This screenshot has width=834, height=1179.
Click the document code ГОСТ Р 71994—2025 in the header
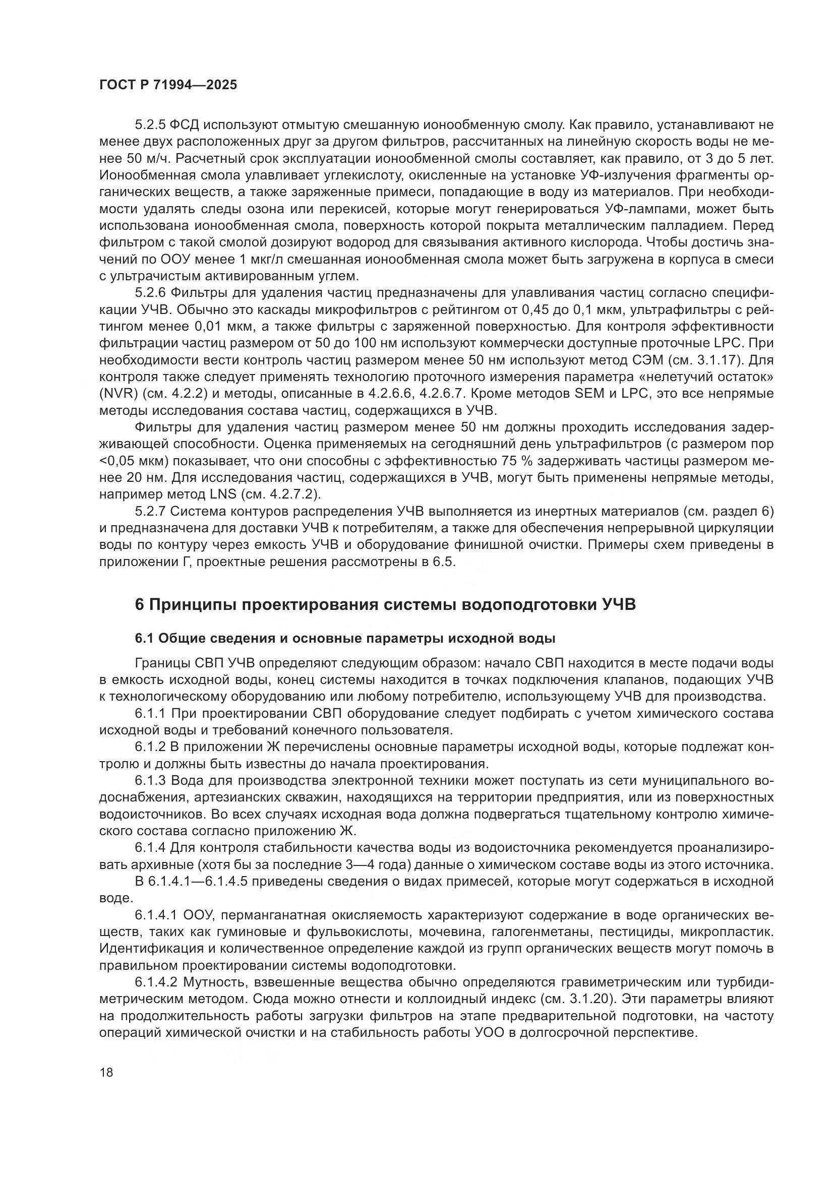pos(168,85)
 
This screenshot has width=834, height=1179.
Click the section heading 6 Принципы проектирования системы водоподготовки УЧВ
pos(385,605)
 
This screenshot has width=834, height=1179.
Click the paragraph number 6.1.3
pos(150,781)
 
